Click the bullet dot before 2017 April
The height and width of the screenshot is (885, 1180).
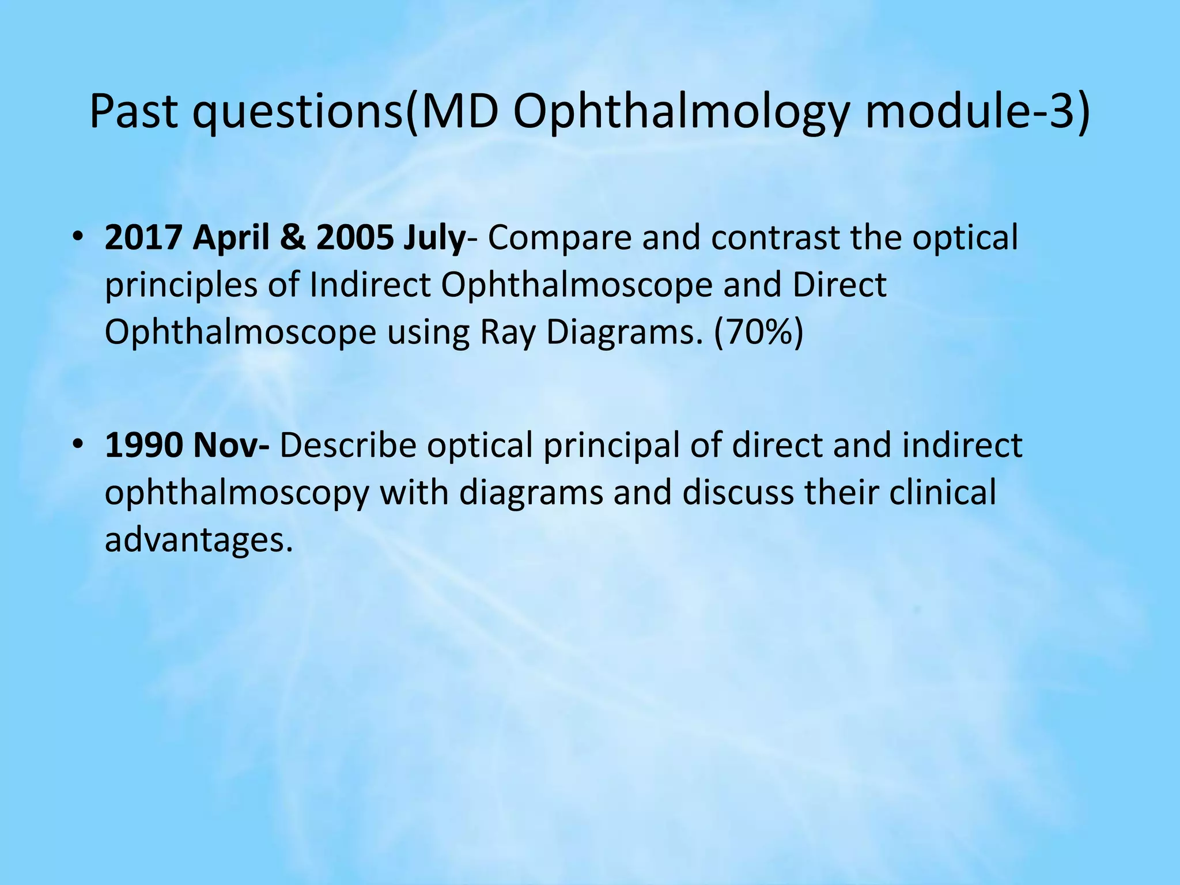point(78,237)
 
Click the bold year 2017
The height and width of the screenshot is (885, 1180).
point(143,237)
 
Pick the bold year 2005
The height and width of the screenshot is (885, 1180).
point(355,237)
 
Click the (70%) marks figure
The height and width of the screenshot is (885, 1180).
point(758,333)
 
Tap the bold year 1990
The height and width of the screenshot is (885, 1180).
point(143,445)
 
